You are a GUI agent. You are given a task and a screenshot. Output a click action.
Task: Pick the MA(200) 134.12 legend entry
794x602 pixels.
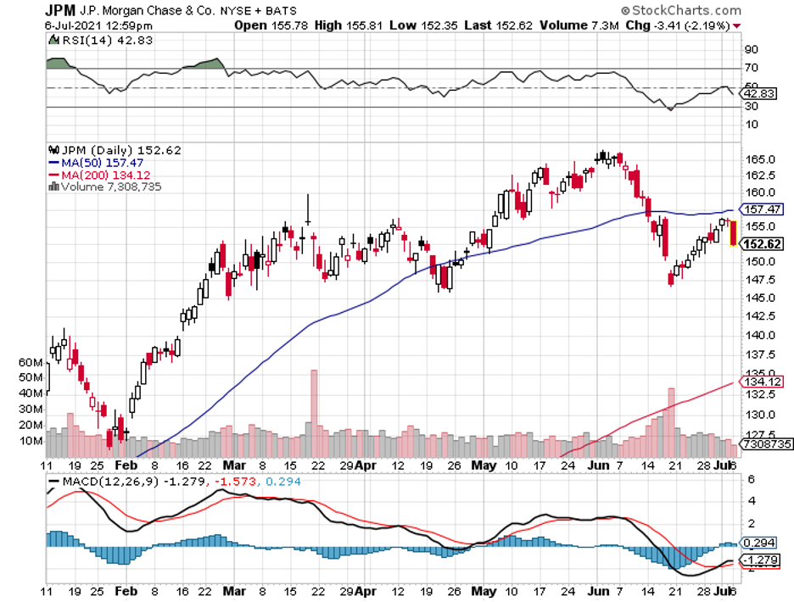click(x=103, y=175)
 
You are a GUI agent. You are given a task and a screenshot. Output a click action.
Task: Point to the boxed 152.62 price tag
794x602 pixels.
click(x=761, y=244)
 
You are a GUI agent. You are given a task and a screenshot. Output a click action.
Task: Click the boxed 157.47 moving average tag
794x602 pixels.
click(x=762, y=209)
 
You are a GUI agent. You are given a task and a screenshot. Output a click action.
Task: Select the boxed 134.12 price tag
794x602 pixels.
click(x=761, y=382)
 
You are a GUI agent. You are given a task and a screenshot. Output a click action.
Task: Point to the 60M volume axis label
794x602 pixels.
click(x=31, y=362)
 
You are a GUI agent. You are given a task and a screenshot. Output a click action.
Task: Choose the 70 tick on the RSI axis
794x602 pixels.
click(x=752, y=68)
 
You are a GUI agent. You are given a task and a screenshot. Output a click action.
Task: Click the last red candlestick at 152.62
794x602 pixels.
click(x=733, y=232)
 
